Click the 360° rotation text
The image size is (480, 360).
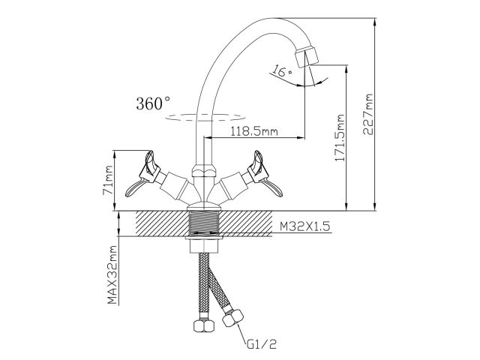(153, 103)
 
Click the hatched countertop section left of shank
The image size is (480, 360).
(157, 223)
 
